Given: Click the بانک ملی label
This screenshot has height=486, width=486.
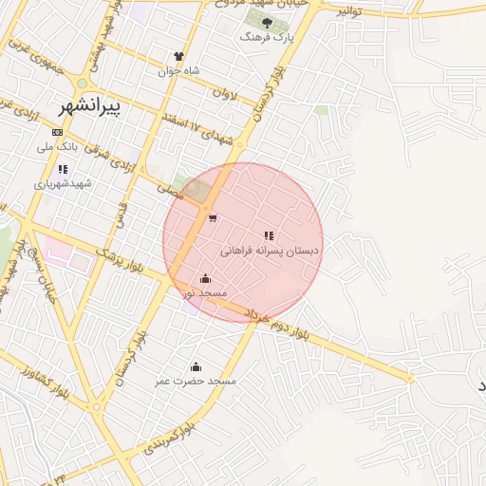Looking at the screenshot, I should [55, 147].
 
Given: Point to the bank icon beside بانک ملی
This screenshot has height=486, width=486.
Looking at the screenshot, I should [58, 132].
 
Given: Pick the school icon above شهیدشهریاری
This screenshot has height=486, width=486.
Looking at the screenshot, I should [62, 169].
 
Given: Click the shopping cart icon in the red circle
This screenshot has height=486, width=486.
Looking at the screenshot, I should [213, 219].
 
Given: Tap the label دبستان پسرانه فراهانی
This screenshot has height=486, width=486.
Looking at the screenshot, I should [270, 252].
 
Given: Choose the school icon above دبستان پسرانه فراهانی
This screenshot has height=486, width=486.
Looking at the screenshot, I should [270, 235].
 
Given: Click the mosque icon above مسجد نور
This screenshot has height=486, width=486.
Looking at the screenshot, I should [206, 278].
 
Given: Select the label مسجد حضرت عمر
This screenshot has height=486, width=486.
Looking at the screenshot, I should [196, 382].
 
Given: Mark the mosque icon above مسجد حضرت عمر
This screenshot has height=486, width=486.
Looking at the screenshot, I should [196, 366].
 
